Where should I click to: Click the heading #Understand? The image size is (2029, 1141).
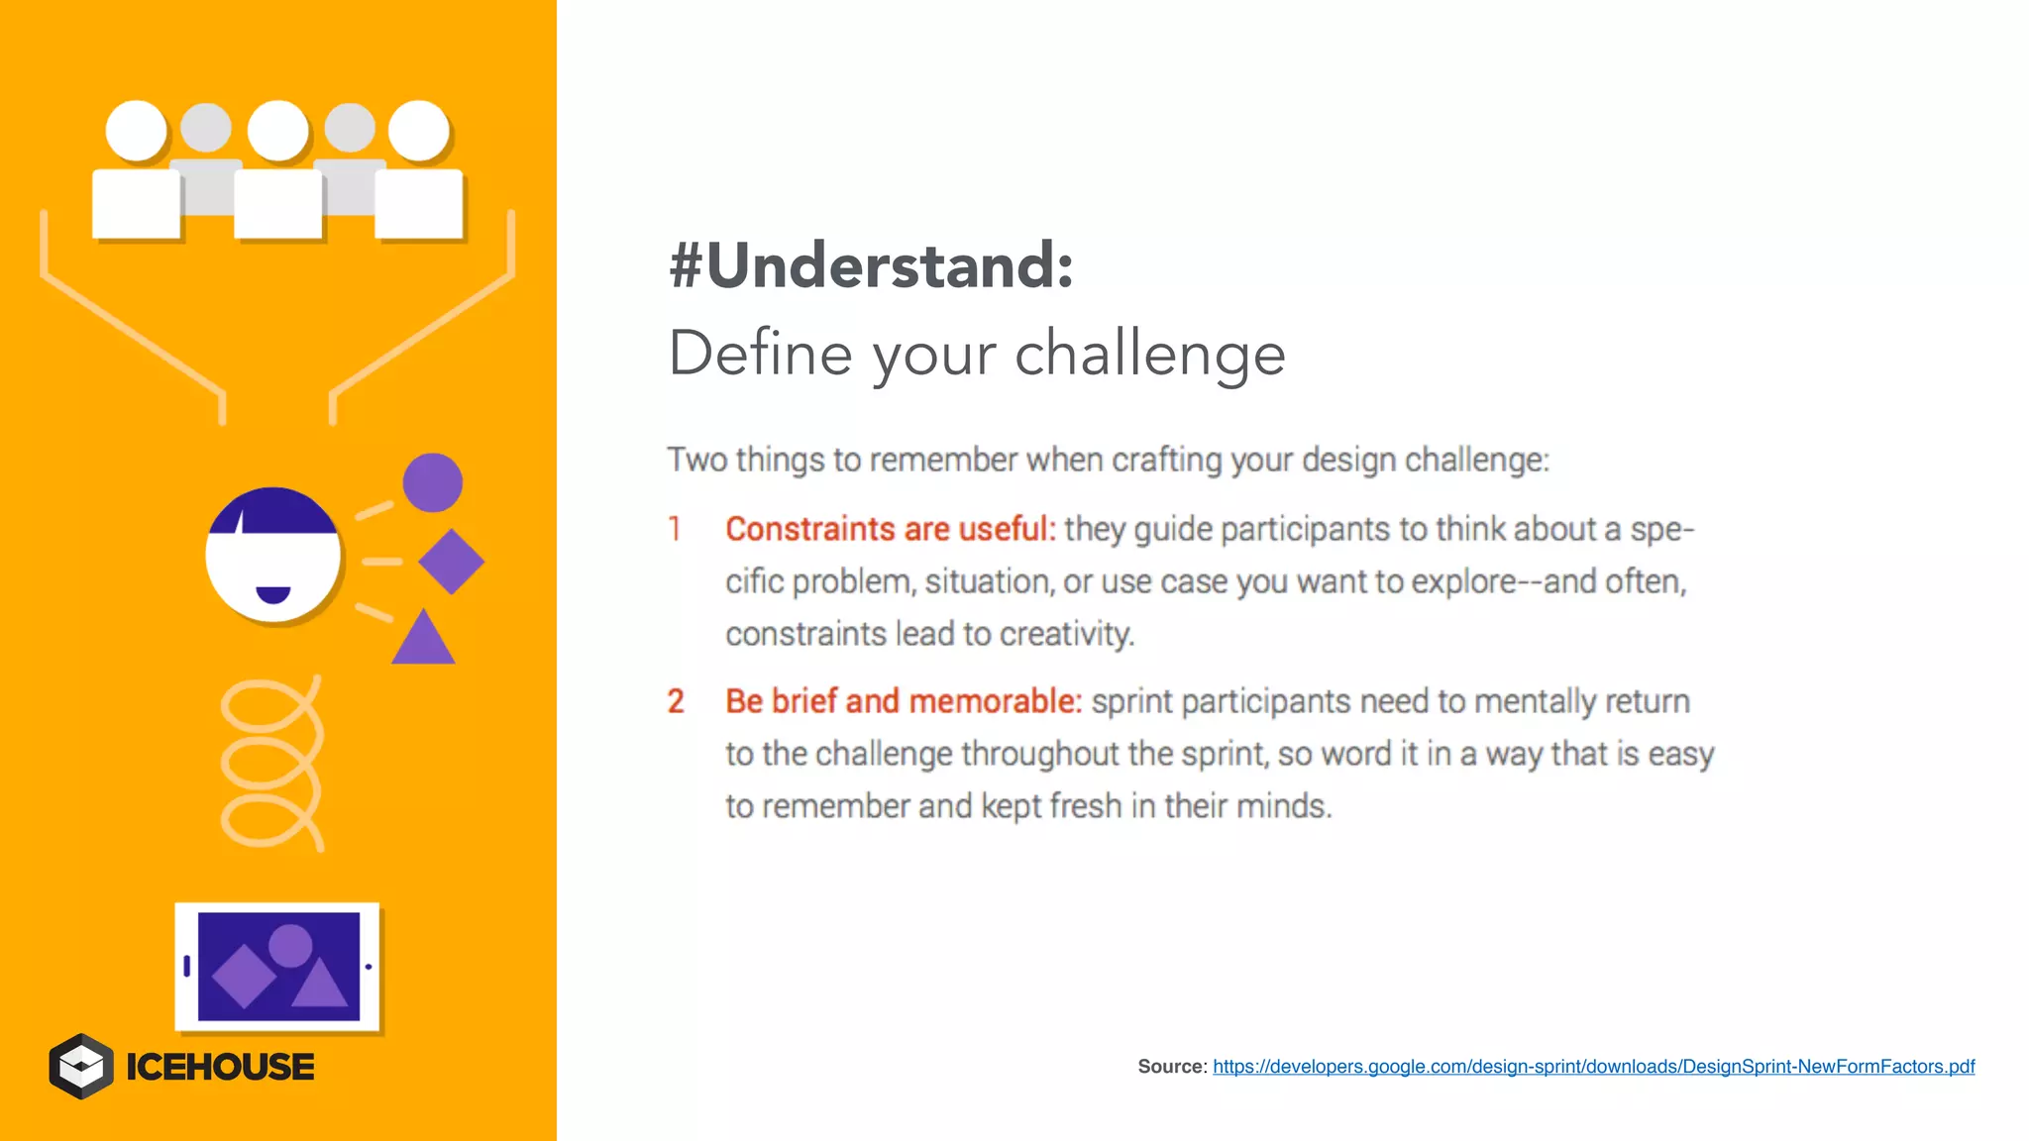tap(871, 265)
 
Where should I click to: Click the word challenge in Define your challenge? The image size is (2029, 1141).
tap(1149, 355)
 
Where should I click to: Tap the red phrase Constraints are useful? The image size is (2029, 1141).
tap(890, 529)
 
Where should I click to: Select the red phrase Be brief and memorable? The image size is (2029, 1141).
tap(903, 701)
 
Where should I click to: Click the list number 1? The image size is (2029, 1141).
tap(675, 529)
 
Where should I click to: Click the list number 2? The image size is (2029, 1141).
tap(676, 701)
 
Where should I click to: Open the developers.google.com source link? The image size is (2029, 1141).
tap(1593, 1067)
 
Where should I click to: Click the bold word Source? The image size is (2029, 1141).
tap(1171, 1067)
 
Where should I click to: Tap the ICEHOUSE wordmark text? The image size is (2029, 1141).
tap(220, 1067)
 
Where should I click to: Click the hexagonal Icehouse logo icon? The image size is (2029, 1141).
tap(81, 1067)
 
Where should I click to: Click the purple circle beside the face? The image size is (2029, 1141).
tap(432, 483)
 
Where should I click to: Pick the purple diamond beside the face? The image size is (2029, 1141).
tap(451, 562)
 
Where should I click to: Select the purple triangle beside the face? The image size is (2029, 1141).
tap(423, 640)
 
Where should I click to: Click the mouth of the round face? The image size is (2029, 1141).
tap(272, 593)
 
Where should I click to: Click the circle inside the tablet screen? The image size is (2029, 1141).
tap(290, 945)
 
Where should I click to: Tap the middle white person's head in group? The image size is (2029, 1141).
tap(277, 131)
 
